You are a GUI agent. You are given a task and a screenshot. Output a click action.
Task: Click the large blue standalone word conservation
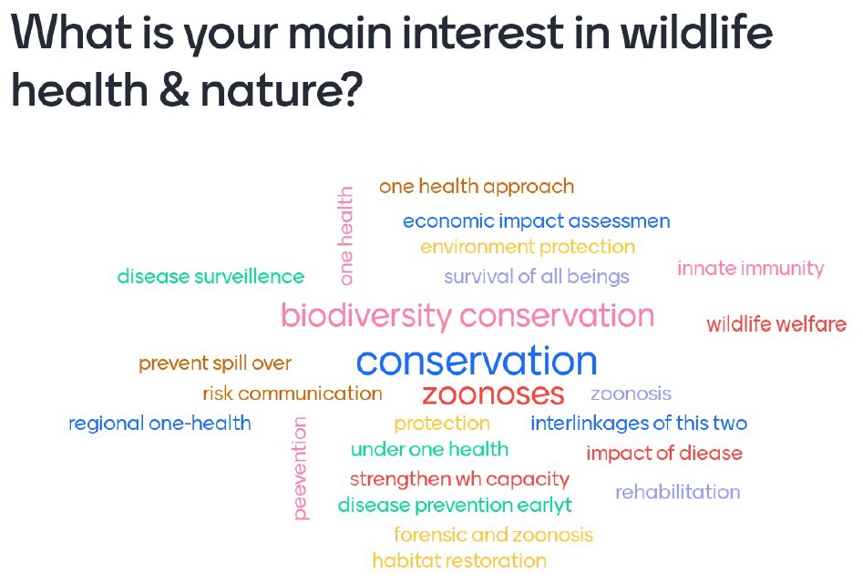coord(477,361)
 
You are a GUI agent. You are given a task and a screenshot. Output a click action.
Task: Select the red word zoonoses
coord(493,394)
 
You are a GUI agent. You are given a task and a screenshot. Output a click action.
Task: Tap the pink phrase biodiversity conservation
coord(467,316)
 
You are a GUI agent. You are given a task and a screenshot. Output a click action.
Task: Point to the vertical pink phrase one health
coord(345,235)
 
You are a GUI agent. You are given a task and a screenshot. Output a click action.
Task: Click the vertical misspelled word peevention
coord(300,468)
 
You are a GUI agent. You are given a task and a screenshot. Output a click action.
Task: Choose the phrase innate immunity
coord(751,269)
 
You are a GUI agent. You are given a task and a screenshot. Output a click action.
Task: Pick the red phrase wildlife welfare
coord(776,324)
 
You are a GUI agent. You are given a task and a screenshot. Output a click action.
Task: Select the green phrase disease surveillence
coord(211,276)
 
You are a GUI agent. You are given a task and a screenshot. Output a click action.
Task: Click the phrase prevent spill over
coord(215,363)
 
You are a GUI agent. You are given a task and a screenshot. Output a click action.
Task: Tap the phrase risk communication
coord(293,394)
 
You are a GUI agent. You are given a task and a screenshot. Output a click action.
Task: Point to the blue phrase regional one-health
coord(159,424)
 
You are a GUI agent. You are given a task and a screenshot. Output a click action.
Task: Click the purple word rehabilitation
coord(677,492)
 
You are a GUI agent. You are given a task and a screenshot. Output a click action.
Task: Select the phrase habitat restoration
coord(459,560)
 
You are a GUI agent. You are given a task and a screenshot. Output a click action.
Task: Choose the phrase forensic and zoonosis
coord(494,535)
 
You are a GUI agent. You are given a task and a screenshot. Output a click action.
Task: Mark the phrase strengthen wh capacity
coord(459,479)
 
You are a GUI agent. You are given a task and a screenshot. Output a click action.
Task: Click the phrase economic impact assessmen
coord(537,221)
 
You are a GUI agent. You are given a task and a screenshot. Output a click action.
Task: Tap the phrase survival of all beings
coord(537,277)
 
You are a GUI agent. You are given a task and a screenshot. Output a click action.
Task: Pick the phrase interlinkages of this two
coord(639,424)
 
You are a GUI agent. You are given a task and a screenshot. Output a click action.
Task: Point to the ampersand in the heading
coord(174,88)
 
